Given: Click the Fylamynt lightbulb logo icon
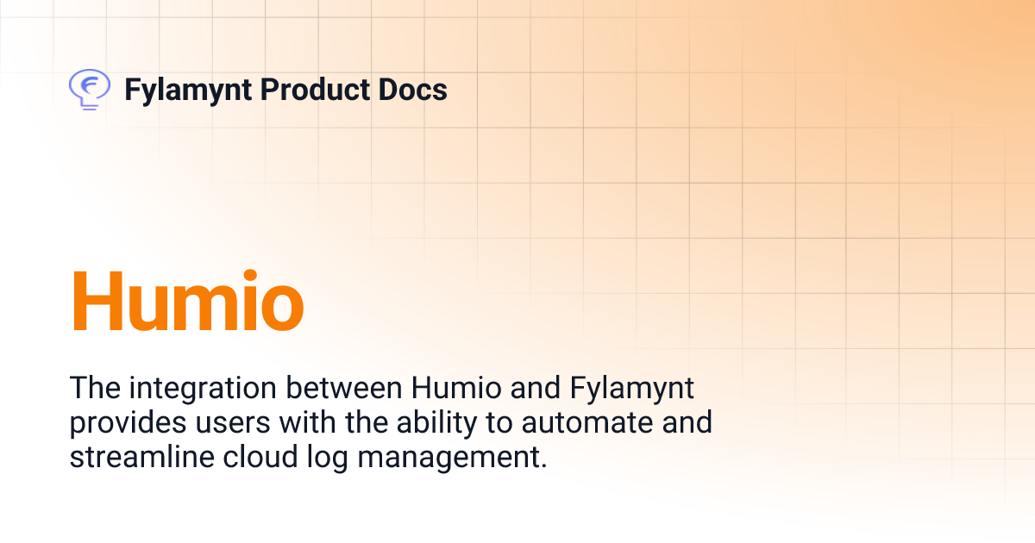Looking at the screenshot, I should click(88, 89).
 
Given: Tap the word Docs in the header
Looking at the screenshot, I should click(415, 90).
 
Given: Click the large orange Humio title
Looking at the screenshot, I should click(187, 302).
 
